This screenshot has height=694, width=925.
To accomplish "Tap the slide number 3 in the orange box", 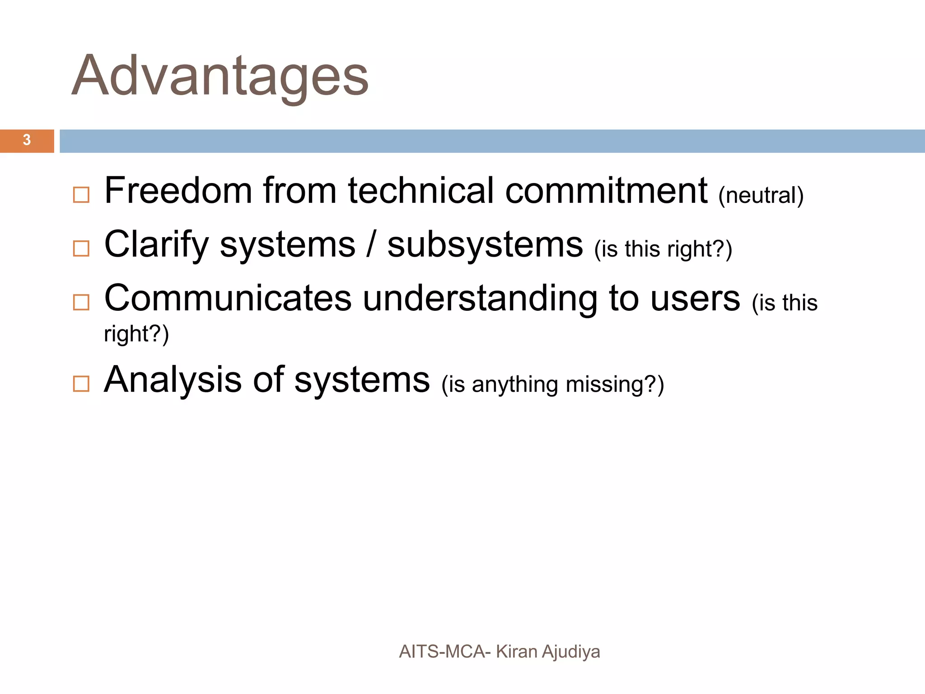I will [27, 141].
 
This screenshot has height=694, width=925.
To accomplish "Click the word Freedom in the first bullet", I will [178, 191].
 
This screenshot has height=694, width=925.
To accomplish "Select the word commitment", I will [606, 191].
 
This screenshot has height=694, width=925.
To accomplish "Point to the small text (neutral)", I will [761, 195].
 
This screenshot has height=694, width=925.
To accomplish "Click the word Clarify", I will [156, 244].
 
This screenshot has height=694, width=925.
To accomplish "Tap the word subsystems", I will [485, 244].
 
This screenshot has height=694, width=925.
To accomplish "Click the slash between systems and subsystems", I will [371, 244].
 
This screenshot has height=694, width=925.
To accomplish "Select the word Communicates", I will [228, 298].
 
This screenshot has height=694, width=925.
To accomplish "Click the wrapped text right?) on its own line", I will [136, 334].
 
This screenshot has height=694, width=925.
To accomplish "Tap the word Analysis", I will [173, 380].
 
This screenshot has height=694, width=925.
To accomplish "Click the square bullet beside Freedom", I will [81, 195].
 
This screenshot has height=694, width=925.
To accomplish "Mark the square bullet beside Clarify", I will [81, 249].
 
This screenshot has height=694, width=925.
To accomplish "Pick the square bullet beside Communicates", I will [81, 302].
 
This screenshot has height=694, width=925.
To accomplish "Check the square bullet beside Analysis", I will [81, 384].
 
